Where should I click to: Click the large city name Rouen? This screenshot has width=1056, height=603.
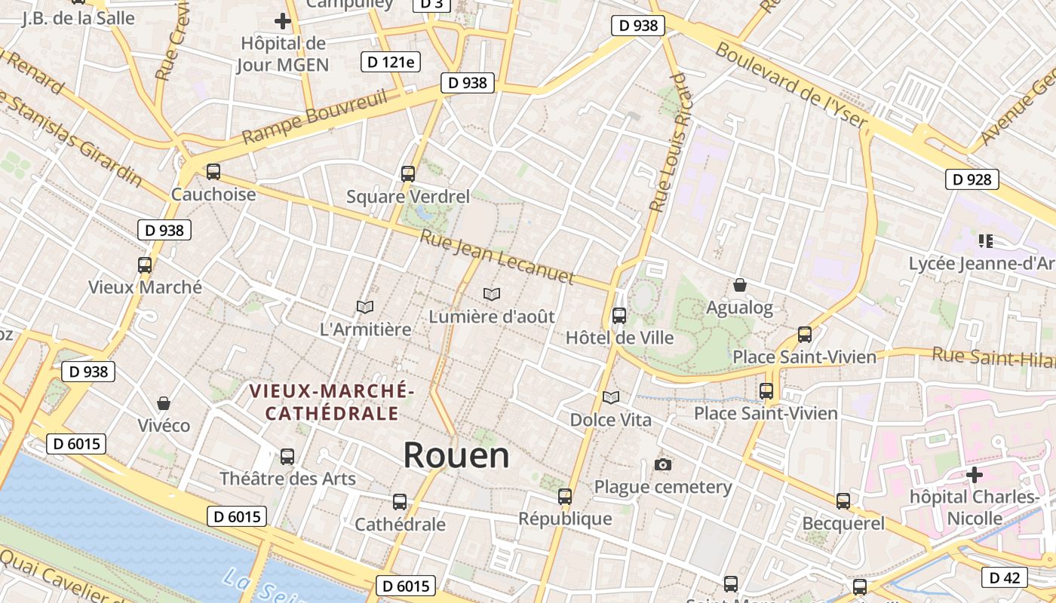[x=456, y=456]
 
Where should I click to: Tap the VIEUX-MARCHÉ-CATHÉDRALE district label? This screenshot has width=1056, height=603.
[x=332, y=403]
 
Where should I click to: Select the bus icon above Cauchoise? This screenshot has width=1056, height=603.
[x=213, y=172]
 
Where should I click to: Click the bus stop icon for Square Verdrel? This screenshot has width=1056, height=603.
[x=408, y=174]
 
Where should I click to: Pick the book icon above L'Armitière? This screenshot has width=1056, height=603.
[x=365, y=307]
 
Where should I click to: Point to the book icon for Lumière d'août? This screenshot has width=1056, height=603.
[x=492, y=294]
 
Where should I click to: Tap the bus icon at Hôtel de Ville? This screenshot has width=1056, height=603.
[x=619, y=315]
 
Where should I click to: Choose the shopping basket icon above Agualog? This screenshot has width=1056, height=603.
[x=740, y=285]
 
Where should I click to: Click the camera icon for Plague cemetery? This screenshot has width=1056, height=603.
[x=663, y=464]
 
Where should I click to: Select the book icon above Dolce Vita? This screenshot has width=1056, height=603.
[x=610, y=396]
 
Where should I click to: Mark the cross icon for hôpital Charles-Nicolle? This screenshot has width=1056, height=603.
[x=975, y=475]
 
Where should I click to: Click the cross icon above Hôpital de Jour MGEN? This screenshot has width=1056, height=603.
[x=283, y=21]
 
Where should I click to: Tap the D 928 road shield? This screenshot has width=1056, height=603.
[x=972, y=179]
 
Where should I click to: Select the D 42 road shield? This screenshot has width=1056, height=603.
[x=1004, y=578]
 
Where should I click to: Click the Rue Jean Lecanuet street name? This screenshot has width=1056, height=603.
[x=497, y=258]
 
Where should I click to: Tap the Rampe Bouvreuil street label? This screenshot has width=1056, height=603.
[x=315, y=117]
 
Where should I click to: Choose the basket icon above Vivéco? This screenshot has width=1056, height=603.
[x=164, y=403]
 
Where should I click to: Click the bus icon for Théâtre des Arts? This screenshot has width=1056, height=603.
[x=287, y=456]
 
